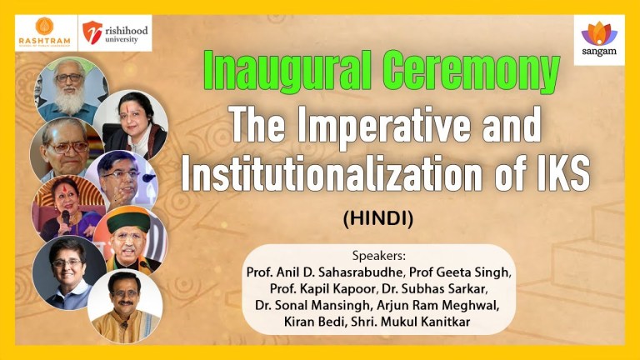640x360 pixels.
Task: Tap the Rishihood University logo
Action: pos(116,33)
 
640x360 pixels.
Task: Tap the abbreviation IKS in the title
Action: pos(560,175)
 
